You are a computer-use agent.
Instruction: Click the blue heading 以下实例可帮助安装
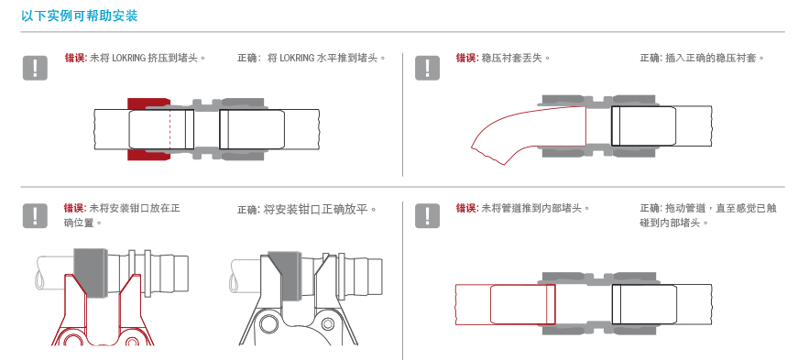80,16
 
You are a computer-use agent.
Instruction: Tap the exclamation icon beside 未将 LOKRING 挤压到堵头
35,68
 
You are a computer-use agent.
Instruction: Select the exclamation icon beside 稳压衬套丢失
427,68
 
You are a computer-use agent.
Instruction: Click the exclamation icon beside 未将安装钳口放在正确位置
35,215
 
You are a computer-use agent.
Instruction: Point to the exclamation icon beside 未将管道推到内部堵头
427,215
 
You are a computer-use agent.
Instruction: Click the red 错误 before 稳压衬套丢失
466,58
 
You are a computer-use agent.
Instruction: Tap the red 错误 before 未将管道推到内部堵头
466,208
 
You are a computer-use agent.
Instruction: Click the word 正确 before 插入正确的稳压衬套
650,58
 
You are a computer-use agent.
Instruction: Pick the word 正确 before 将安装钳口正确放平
247,210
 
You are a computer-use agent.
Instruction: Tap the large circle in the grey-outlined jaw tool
268,325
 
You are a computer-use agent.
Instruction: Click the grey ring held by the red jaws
91,273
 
